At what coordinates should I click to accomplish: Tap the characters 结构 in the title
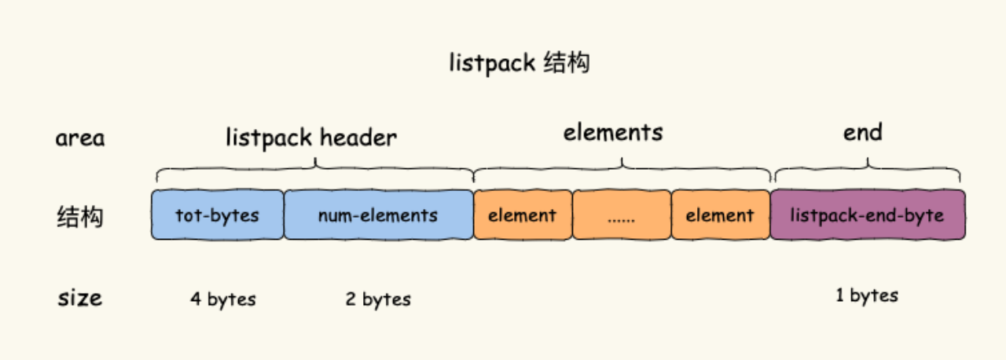(x=566, y=63)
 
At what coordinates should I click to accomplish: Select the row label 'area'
(x=79, y=139)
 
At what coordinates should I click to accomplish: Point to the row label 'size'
(x=79, y=298)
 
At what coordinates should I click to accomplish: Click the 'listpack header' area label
(x=311, y=138)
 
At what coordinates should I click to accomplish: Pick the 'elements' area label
(x=613, y=132)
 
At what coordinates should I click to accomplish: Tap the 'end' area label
(x=863, y=132)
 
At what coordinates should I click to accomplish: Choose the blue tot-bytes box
(x=217, y=215)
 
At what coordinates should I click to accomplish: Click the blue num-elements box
(x=378, y=215)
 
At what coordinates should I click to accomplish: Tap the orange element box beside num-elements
(x=522, y=215)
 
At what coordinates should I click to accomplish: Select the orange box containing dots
(x=621, y=215)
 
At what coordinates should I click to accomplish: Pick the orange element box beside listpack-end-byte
(x=720, y=215)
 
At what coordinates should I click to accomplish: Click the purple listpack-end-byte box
(x=867, y=215)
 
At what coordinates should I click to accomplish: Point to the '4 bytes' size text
(x=223, y=299)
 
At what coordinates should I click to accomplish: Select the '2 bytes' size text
(x=378, y=299)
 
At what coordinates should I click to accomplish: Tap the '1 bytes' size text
(x=867, y=296)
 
